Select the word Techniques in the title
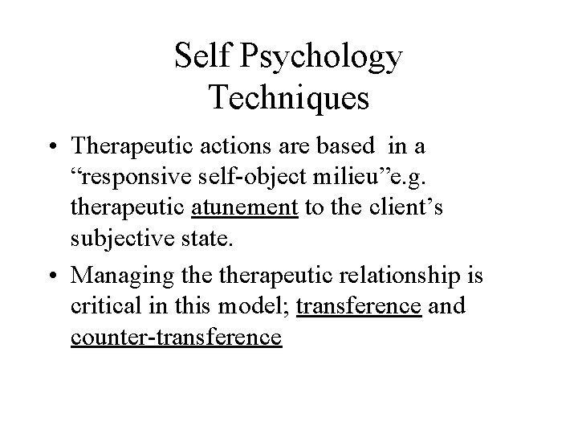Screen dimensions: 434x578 point(288,98)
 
